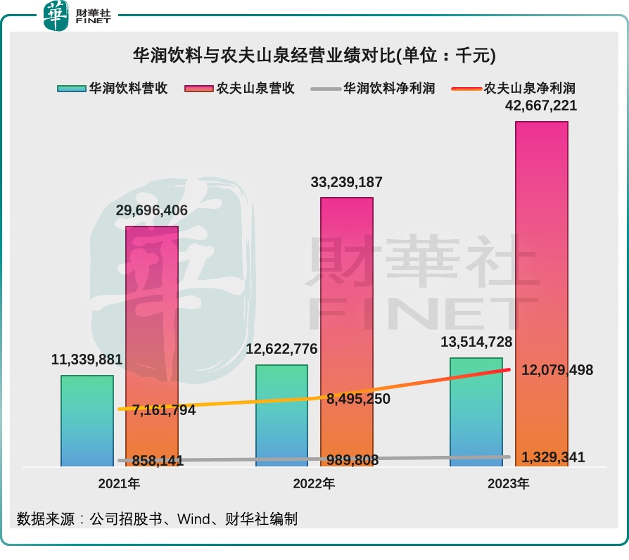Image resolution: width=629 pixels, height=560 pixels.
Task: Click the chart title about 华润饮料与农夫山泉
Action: pyautogui.click(x=314, y=55)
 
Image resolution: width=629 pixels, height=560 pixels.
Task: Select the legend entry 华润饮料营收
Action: pyautogui.click(x=112, y=88)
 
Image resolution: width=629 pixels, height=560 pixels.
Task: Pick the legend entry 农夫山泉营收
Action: pyautogui.click(x=239, y=88)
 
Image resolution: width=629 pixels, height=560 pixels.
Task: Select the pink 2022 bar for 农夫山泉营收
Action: pyautogui.click(x=347, y=331)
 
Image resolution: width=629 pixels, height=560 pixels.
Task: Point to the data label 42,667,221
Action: pyautogui.click(x=542, y=106)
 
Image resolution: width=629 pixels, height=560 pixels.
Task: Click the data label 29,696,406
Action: pyautogui.click(x=152, y=211)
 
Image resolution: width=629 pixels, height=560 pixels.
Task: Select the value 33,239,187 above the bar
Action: pyautogui.click(x=347, y=182)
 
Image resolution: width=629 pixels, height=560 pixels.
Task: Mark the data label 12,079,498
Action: pyautogui.click(x=557, y=370)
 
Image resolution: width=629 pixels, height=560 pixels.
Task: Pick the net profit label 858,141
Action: pyautogui.click(x=157, y=461)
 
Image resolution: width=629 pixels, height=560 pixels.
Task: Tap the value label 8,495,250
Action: pyautogui.click(x=358, y=399)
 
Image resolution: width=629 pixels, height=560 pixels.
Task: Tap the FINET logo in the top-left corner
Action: pyautogui.click(x=77, y=16)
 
